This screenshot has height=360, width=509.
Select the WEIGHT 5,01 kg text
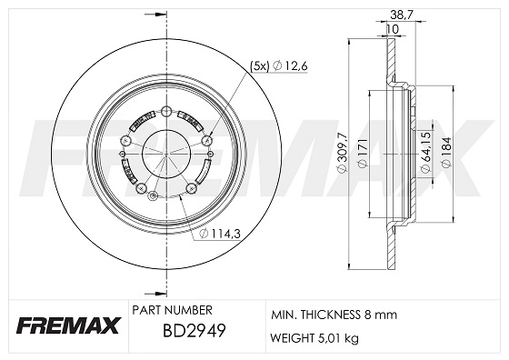[313, 338]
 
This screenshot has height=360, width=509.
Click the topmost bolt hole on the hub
[165, 110]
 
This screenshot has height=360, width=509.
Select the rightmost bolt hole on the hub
[207, 139]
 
